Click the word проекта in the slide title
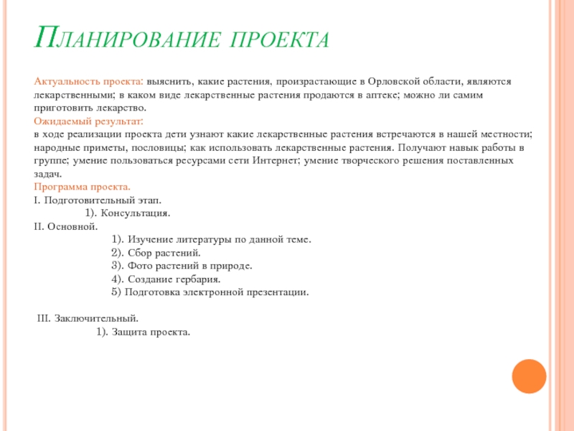[x=280, y=40]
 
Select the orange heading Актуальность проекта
[x=88, y=82]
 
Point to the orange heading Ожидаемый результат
[x=88, y=121]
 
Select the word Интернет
[x=276, y=161]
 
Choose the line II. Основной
[x=65, y=226]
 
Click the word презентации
[x=272, y=292]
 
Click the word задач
[x=48, y=174]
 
